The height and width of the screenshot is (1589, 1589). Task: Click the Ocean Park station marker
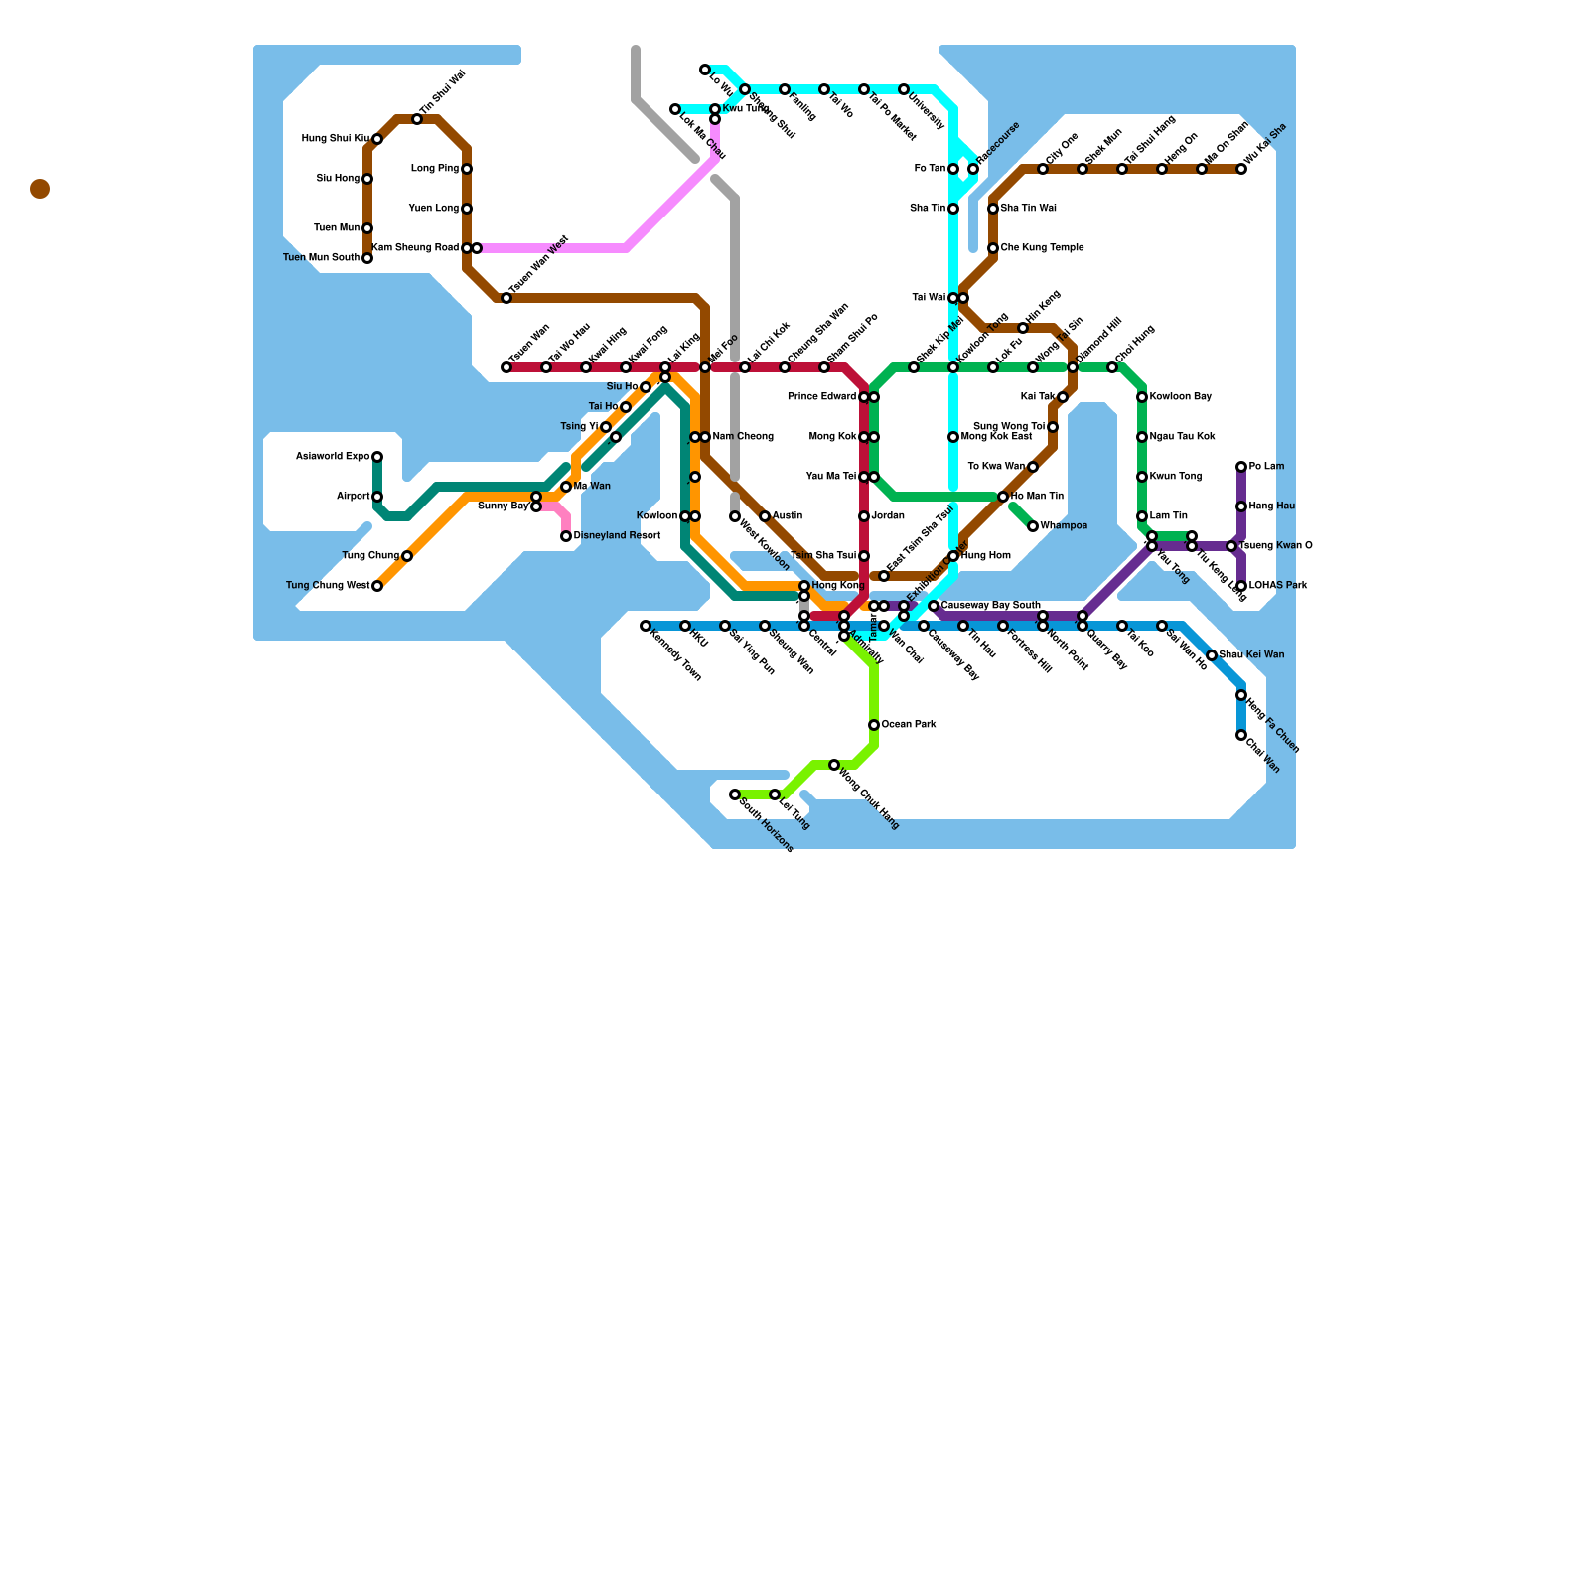(874, 725)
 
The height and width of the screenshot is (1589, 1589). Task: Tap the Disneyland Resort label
(617, 536)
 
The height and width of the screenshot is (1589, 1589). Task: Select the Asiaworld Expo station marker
(377, 457)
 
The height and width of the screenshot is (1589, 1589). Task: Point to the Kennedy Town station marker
(646, 626)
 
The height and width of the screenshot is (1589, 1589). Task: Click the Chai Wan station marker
(1241, 735)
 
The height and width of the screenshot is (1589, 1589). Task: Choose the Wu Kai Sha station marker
(1241, 169)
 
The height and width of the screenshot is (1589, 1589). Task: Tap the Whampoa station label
(1064, 526)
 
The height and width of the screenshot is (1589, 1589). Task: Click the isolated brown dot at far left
(40, 189)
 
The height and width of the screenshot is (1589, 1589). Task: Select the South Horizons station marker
(735, 794)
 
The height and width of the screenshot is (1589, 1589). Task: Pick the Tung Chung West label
(328, 586)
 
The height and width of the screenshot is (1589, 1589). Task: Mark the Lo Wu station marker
(705, 70)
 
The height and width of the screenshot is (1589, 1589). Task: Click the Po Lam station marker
(1241, 467)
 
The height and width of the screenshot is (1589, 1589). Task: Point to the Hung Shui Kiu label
(336, 139)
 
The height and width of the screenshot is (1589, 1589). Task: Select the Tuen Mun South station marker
(367, 258)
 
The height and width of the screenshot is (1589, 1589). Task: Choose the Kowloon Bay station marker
(1142, 397)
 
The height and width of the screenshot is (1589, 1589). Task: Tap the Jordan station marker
(864, 516)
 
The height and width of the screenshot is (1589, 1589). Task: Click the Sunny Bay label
(504, 506)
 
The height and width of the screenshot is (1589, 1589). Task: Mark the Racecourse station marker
(973, 169)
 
